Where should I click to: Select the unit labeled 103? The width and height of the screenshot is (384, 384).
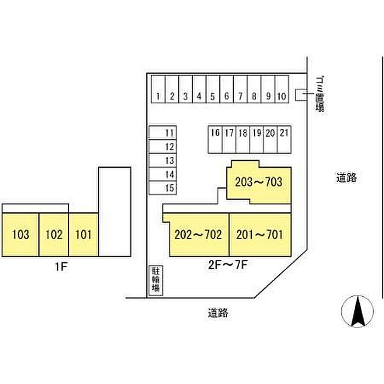coord(20,235)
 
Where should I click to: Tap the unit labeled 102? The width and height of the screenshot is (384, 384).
coord(54,235)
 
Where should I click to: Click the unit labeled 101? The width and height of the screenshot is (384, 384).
coord(83,235)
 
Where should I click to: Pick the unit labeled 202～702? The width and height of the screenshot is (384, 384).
coord(198,235)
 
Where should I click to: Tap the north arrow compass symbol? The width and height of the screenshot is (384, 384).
coord(357,312)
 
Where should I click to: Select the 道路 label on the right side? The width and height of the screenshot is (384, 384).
coord(347,178)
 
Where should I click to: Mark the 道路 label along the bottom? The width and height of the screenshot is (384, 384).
coord(218,314)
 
